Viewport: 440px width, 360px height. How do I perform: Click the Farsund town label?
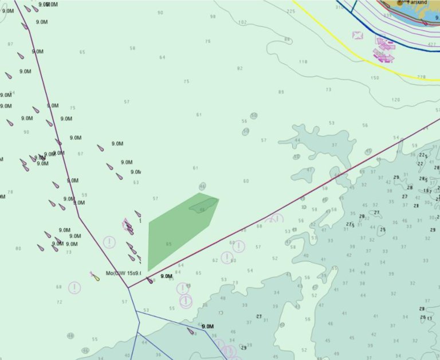point(417,2)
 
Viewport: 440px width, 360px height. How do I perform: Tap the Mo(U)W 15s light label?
point(123,273)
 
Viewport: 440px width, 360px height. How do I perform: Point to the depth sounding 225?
point(291,11)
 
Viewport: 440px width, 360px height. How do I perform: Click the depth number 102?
point(242,22)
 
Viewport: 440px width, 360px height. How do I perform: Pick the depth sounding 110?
point(303,62)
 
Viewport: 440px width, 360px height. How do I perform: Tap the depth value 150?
point(375,78)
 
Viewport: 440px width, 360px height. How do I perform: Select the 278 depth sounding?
point(421,77)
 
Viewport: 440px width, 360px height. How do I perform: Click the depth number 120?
point(395,100)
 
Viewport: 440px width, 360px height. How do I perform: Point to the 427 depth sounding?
point(431,44)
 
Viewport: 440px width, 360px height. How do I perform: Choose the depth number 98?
point(213,17)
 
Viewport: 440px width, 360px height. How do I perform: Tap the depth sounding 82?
point(239,68)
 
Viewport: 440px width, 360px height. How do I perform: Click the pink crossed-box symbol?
point(358,36)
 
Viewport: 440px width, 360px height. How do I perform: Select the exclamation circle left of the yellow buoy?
point(74,288)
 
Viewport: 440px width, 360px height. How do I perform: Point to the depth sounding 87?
point(10,44)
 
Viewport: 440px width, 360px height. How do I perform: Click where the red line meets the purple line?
point(128,287)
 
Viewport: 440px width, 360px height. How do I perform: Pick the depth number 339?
point(387,16)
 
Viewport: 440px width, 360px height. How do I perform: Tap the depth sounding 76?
point(207,41)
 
